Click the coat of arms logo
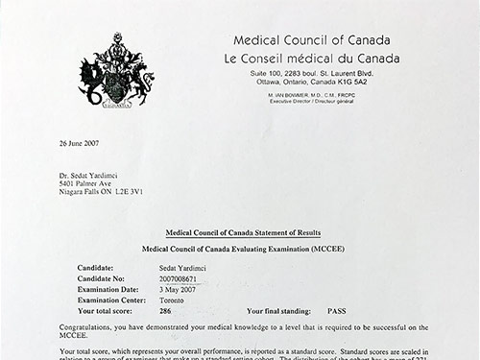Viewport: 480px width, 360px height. pos(117,69)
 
